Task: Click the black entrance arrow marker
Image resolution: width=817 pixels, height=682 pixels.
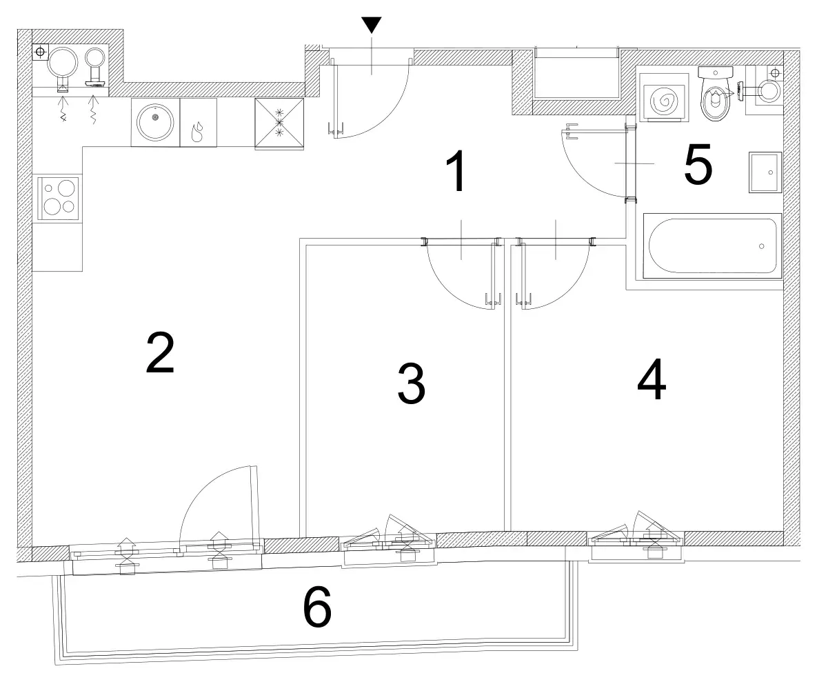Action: pos(371,25)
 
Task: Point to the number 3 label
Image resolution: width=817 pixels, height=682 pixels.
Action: pos(411,384)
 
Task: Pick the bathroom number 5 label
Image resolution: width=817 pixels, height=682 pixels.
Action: pos(698,165)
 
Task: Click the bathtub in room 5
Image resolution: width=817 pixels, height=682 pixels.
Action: pos(712,245)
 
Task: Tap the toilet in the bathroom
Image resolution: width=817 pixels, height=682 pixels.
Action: pos(716,94)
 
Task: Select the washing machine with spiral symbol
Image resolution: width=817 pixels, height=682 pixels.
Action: pos(661,97)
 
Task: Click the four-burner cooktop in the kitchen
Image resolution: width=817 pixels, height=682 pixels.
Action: pos(59,197)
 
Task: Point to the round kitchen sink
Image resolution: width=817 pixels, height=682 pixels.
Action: pos(154,122)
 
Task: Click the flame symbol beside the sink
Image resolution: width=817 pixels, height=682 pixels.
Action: pos(197,132)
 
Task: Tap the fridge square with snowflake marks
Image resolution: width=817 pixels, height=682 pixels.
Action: pos(279,123)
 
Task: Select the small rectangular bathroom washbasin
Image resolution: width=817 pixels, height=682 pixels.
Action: pos(765,172)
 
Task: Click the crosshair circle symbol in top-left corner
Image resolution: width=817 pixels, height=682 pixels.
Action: pos(40,52)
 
